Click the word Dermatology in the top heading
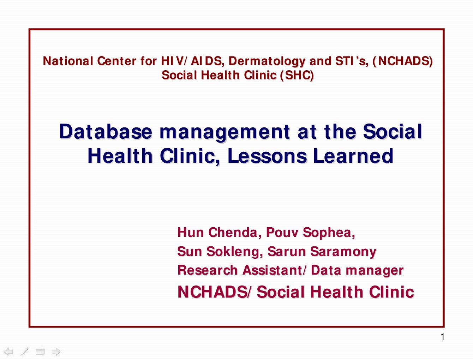coord(267,61)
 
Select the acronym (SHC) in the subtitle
coord(297,76)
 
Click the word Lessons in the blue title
coord(267,156)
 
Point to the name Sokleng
coord(235,251)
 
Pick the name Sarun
coord(287,251)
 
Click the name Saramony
coord(343,252)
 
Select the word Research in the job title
coord(208,270)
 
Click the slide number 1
coord(443,337)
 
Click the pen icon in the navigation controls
coord(24,352)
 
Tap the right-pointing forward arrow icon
coord(56,352)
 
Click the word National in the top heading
coord(68,61)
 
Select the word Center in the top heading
coord(116,61)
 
